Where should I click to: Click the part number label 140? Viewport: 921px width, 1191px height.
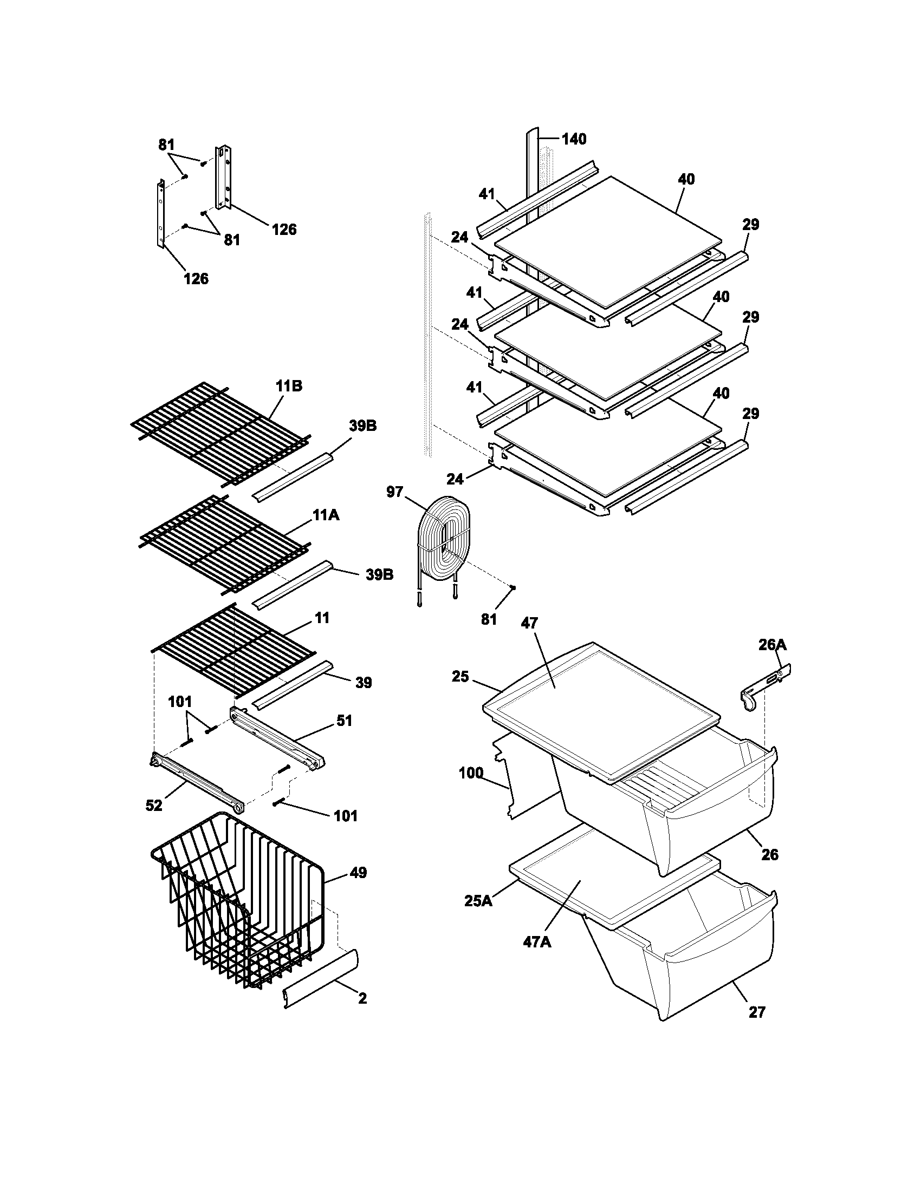574,139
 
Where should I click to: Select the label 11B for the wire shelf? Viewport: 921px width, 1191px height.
289,386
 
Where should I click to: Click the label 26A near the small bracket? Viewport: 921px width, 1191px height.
772,645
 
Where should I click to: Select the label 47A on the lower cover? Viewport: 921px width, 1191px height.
537,942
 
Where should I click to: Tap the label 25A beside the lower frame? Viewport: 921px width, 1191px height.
478,901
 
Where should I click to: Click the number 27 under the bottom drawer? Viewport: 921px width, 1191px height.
757,1012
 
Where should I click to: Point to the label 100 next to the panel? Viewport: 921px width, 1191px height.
471,772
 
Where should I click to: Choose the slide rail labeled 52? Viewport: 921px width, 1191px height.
197,782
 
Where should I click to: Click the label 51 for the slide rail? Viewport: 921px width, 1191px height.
343,721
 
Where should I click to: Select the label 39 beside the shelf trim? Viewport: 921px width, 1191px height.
364,682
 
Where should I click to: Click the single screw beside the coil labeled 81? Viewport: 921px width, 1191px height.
513,587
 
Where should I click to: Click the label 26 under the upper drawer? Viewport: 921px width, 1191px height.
769,854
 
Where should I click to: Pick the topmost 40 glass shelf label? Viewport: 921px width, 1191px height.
686,179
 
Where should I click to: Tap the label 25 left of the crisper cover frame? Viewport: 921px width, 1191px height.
460,677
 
